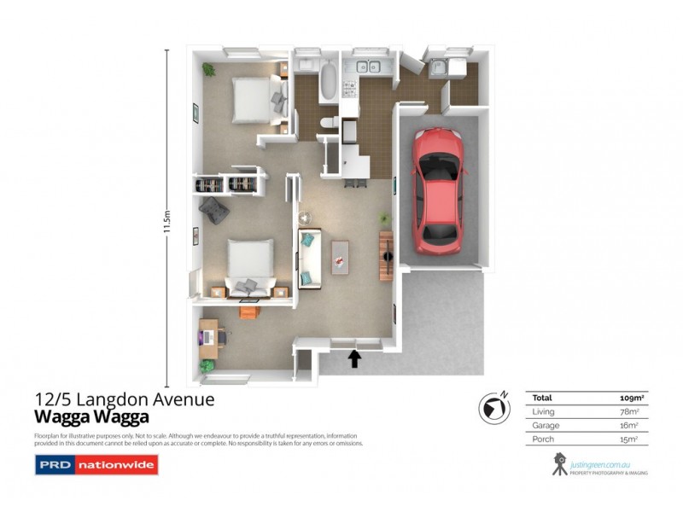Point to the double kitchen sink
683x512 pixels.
(369, 66)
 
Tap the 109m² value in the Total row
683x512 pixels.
(631, 398)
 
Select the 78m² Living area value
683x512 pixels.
(633, 411)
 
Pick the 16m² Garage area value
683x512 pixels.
(633, 425)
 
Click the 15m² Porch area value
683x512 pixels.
(633, 439)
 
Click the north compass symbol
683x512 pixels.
(493, 407)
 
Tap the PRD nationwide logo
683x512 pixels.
(95, 466)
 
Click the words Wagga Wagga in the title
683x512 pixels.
(91, 417)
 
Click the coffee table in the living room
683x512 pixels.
(341, 254)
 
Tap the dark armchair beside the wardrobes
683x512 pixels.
(212, 208)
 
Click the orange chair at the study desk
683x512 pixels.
(248, 311)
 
